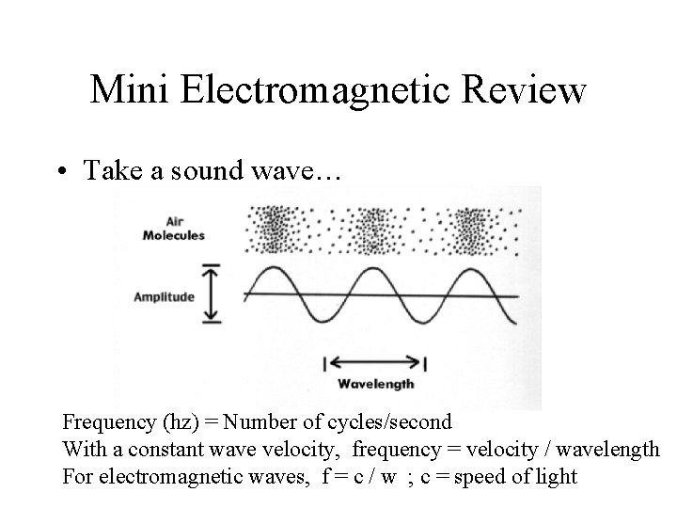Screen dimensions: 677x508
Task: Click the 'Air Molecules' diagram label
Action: click(x=173, y=229)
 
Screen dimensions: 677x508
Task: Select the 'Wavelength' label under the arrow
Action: click(x=375, y=385)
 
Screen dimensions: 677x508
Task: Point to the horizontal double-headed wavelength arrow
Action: click(x=375, y=363)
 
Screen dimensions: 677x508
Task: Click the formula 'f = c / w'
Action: click(x=358, y=477)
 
